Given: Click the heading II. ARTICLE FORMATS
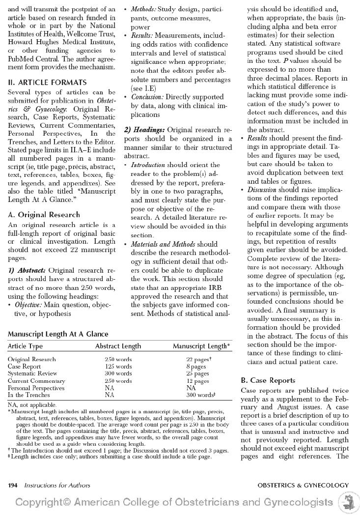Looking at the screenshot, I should point(47,83).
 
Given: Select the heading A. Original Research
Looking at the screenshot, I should point(44,215).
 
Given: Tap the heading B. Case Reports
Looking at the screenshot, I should point(268,380).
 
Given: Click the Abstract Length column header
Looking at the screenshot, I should point(118,346).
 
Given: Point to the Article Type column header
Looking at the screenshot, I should point(25,346).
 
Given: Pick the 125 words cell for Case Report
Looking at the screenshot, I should point(118,367).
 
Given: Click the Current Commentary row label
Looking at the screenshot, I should point(36,381).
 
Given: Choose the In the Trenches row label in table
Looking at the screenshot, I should point(29,395).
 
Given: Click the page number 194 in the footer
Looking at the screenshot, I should point(13,486).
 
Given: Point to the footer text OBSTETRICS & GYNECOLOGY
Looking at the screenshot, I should point(303,486).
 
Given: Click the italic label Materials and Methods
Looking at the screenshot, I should point(163,244).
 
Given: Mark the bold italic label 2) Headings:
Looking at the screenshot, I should point(144,130).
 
